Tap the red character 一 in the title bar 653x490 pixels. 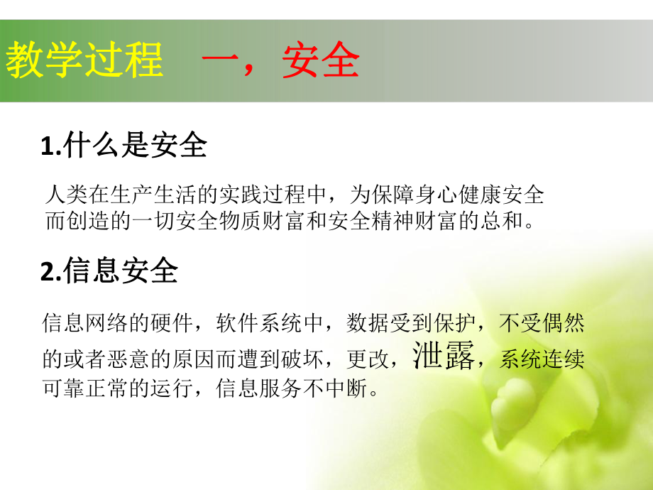pos(220,61)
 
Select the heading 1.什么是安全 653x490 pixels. pos(124,146)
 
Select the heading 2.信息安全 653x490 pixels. pos(110,271)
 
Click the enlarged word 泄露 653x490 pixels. pos(444,356)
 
